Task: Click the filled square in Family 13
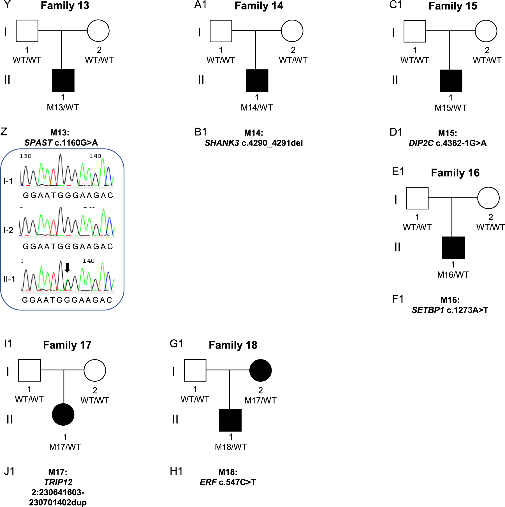(63, 80)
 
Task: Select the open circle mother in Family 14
(292, 31)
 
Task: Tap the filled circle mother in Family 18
(260, 370)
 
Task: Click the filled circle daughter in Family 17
(63, 414)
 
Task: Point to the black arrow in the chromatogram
(67, 268)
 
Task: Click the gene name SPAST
(38, 143)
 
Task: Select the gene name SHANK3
(222, 143)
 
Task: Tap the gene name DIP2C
(421, 143)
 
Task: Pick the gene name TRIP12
(58, 482)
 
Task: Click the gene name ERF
(208, 482)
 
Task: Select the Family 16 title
(455, 173)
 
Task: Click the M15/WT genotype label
(450, 108)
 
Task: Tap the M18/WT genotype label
(231, 447)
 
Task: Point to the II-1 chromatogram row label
(9, 279)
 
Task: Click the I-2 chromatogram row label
(8, 230)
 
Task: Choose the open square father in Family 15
(415, 31)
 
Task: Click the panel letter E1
(398, 171)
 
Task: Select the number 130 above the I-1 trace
(26, 156)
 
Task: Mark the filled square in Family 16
(453, 248)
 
